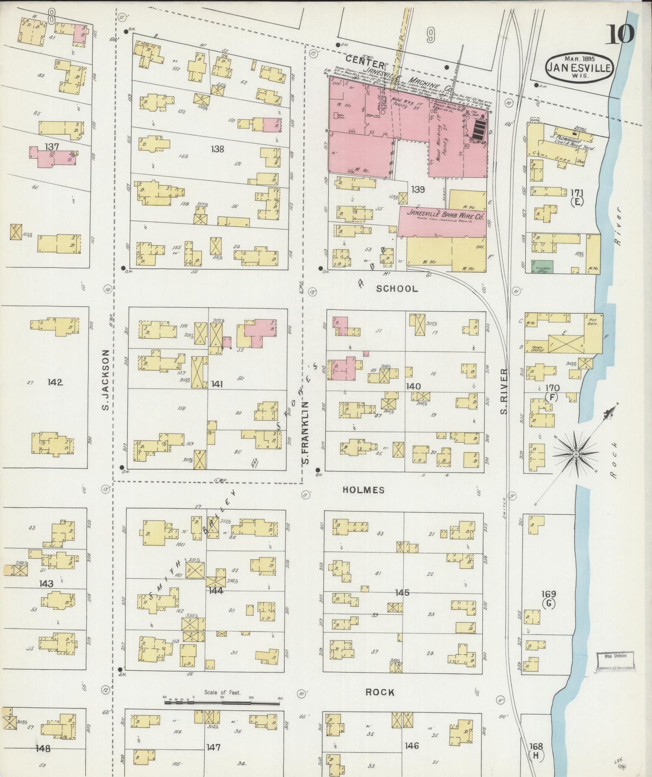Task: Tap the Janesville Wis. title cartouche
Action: (579, 68)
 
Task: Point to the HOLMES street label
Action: (364, 490)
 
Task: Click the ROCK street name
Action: (380, 692)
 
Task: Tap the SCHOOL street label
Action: (397, 289)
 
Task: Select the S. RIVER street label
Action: (504, 391)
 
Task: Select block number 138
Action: (217, 149)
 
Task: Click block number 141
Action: (217, 384)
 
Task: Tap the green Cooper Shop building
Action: (542, 267)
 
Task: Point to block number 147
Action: (213, 747)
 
